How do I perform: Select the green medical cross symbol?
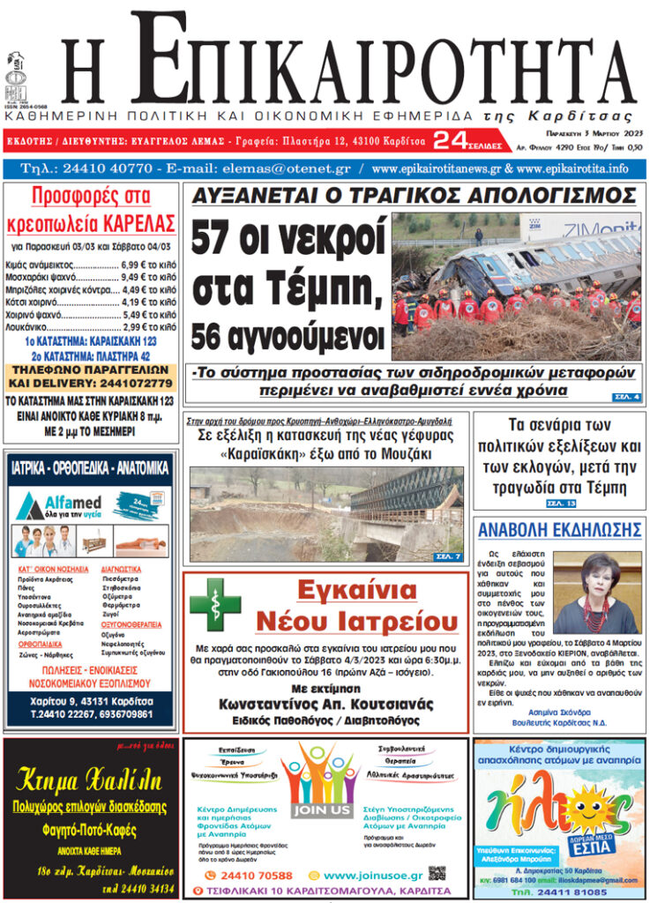pyautogui.click(x=214, y=604)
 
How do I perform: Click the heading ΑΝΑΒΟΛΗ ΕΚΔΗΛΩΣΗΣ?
pyautogui.click(x=558, y=529)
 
